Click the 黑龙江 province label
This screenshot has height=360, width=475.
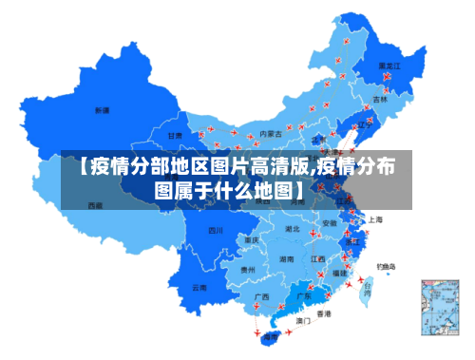pyautogui.click(x=390, y=66)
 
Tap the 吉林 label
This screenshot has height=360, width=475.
pyautogui.click(x=380, y=99)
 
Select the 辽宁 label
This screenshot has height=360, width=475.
pyautogui.click(x=362, y=124)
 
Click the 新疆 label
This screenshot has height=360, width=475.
pyautogui.click(x=102, y=110)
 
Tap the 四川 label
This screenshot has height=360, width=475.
pyautogui.click(x=216, y=230)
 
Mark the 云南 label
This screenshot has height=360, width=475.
pyautogui.click(x=199, y=287)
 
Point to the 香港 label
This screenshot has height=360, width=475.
pyautogui.click(x=324, y=313)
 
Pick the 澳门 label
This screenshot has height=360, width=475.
pyautogui.click(x=303, y=321)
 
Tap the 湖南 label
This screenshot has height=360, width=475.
pyautogui.click(x=286, y=258)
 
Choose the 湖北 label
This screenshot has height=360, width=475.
pyautogui.click(x=294, y=229)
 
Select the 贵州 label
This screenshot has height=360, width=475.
pyautogui.click(x=248, y=270)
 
